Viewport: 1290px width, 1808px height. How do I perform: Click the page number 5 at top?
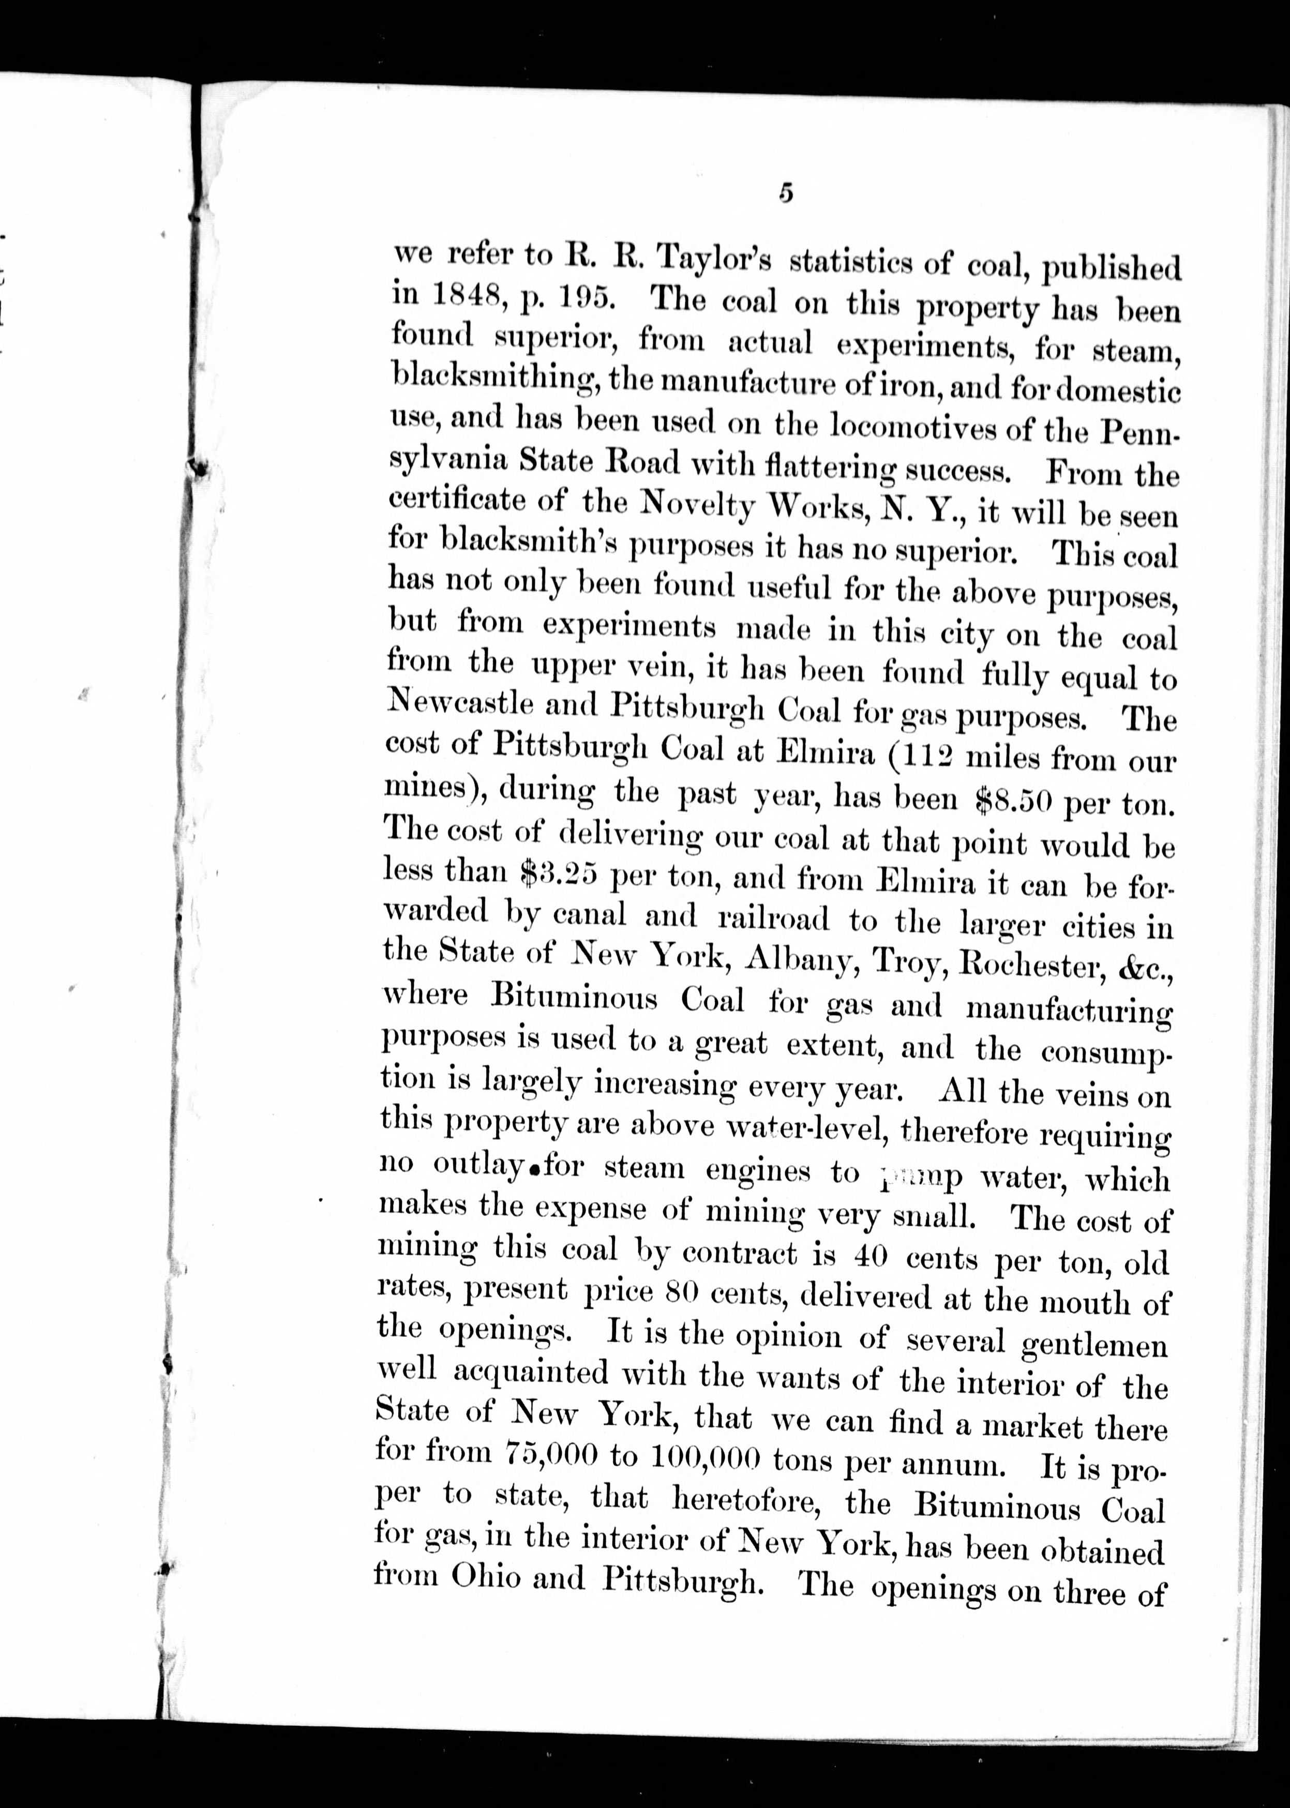(786, 194)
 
